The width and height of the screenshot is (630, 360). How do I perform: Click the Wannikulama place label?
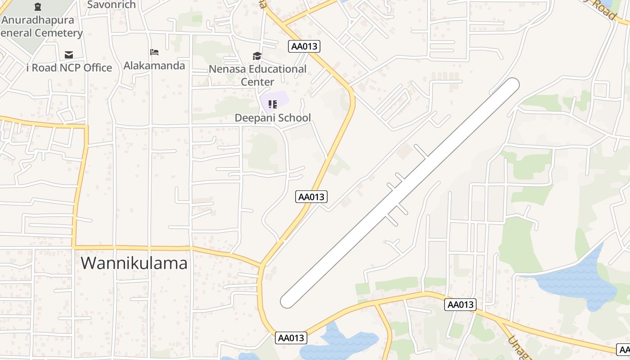pos(134,263)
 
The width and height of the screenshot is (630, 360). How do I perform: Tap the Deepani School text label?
pos(273,118)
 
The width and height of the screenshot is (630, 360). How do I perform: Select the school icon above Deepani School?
pos(272,104)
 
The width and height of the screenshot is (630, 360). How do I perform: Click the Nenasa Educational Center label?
pos(257,75)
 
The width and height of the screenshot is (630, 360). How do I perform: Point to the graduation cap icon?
pos(257,56)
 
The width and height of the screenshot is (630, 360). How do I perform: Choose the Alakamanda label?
pos(154,66)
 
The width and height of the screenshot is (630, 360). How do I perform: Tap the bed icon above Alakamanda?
pos(154,52)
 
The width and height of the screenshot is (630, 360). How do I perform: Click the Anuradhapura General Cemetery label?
pos(40,27)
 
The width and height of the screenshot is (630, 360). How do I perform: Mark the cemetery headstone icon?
pos(38,7)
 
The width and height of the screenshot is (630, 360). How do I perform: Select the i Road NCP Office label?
pos(69,68)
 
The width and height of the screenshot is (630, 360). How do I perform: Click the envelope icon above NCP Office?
pos(69,55)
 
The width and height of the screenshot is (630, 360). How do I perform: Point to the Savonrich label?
pos(112,5)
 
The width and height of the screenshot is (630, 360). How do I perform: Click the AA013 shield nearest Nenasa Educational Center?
pos(305,46)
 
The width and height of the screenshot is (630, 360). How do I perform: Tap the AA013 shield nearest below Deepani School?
pos(311,197)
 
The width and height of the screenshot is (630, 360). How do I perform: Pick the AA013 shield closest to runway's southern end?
pos(291,338)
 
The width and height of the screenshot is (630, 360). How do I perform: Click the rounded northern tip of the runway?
pos(512,85)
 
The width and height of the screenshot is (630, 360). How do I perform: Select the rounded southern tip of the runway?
pos(288,301)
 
